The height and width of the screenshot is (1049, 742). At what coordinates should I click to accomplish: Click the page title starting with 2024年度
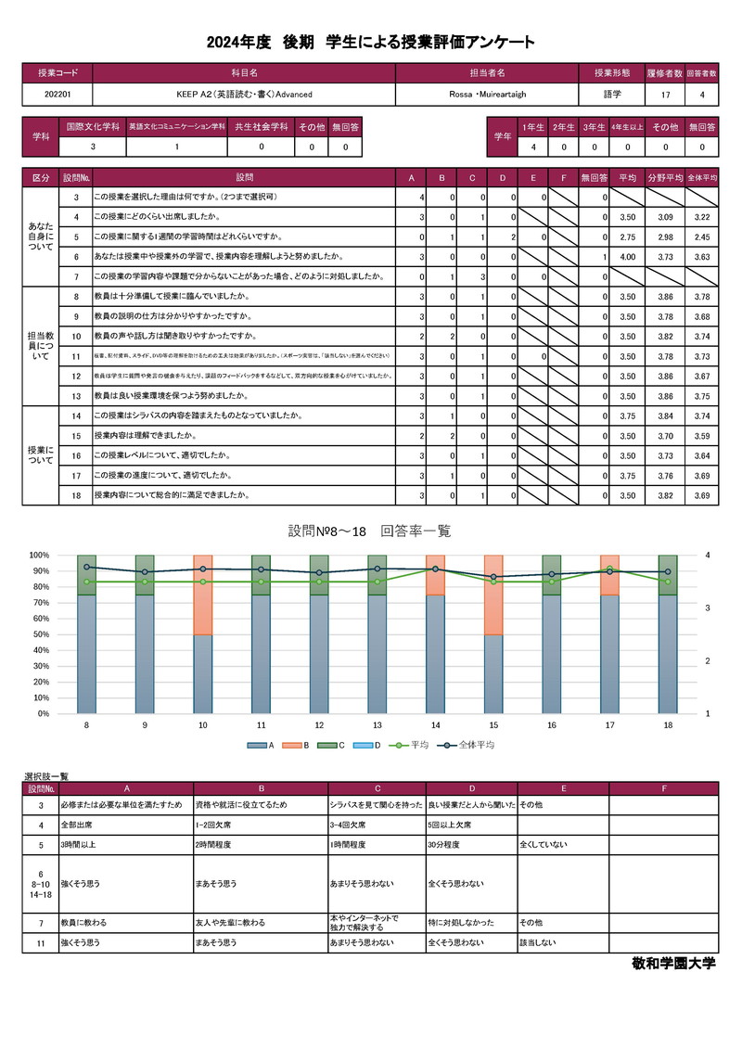[x=371, y=43]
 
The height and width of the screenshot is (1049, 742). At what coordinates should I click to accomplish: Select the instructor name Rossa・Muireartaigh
[x=487, y=95]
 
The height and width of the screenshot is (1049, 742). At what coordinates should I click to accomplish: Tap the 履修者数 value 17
[x=665, y=95]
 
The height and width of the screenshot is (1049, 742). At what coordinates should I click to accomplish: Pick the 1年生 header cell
[x=533, y=126]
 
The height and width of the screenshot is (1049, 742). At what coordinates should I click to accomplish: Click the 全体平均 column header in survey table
[x=701, y=176]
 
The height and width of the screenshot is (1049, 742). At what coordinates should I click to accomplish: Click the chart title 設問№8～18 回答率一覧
[x=370, y=531]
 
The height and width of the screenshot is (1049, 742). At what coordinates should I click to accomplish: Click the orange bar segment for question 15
[x=493, y=595]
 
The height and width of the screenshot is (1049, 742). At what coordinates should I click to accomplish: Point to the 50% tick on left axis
[x=39, y=634]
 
